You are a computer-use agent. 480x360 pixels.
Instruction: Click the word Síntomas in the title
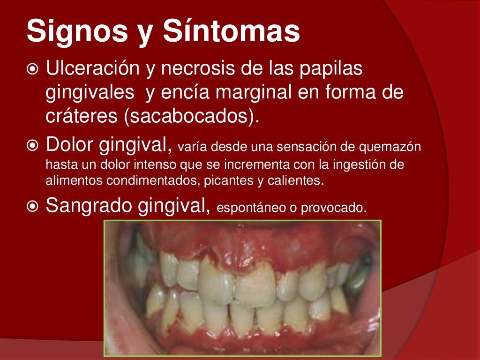click(x=232, y=32)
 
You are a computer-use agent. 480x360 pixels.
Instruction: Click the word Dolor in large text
click(x=69, y=146)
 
